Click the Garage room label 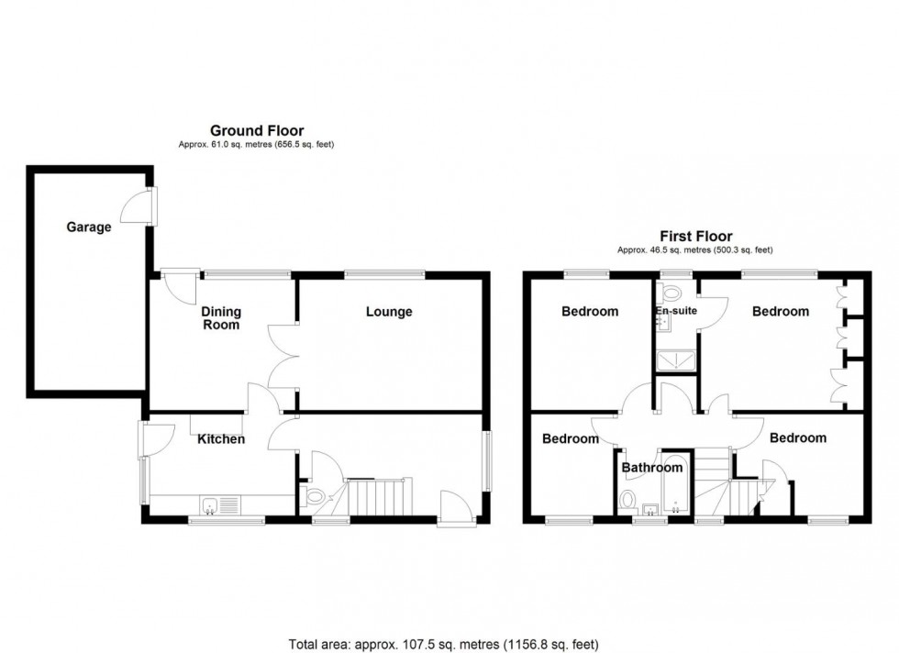(88, 227)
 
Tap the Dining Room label (221, 317)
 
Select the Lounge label (389, 312)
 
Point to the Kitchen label (221, 439)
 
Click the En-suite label (676, 312)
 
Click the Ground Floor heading (257, 131)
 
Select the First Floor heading (694, 237)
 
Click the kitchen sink (212, 504)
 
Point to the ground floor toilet (314, 498)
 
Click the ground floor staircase (379, 497)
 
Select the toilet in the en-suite (670, 293)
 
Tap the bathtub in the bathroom (677, 482)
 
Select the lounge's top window (384, 272)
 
